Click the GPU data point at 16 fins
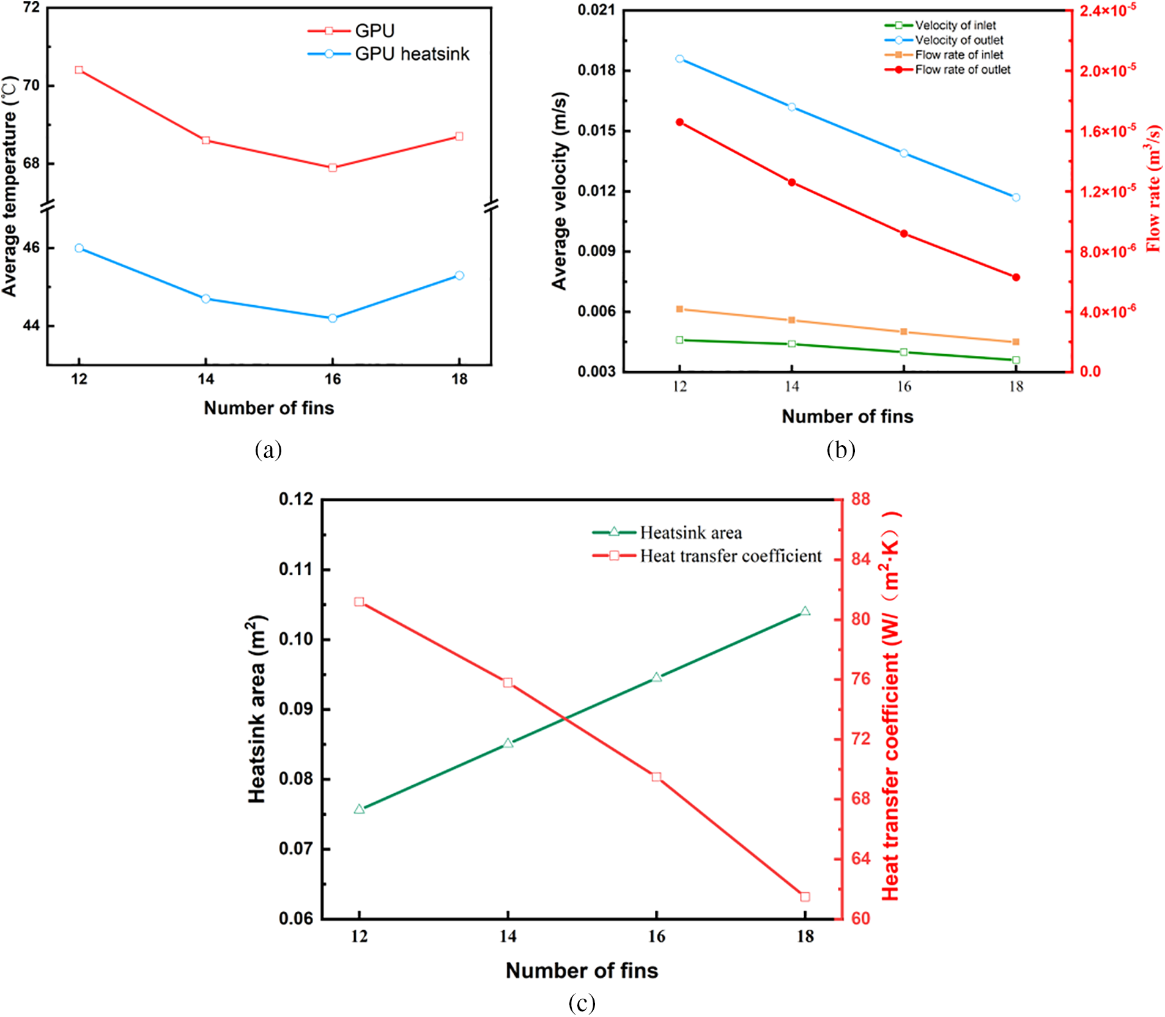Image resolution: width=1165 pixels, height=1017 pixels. point(333,168)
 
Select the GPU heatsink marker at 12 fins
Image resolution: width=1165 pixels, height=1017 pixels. point(79,248)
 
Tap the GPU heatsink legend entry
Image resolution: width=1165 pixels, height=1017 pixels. point(412,54)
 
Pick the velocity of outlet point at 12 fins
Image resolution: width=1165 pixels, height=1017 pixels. point(679,59)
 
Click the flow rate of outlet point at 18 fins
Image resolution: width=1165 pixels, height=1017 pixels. point(1016,278)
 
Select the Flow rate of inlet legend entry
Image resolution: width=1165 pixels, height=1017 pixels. point(958,55)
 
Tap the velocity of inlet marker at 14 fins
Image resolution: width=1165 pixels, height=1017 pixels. point(792,344)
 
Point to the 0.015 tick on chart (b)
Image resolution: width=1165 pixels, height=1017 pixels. point(596,131)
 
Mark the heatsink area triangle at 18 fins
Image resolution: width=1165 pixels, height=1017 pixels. point(805,612)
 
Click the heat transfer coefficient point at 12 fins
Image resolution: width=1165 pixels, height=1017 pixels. point(359,602)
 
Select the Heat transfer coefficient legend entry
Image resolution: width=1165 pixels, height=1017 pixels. point(730,556)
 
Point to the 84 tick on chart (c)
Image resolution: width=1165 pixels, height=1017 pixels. point(860,559)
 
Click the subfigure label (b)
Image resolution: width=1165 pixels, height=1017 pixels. point(840,450)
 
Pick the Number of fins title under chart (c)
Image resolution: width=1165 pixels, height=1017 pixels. point(582,971)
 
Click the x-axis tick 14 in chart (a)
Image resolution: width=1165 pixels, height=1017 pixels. point(205,379)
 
